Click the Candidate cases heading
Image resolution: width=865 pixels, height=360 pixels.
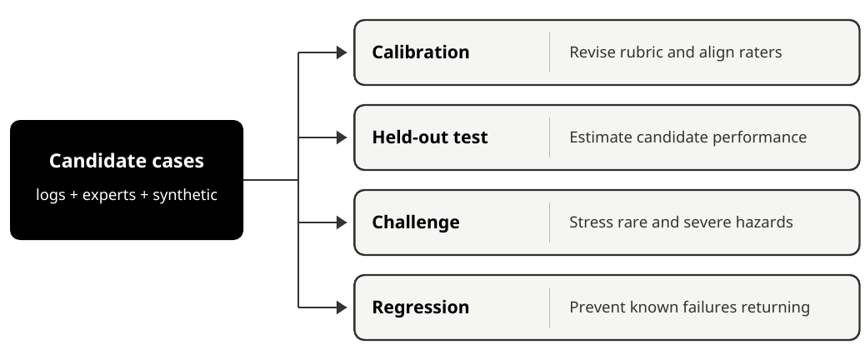pyautogui.click(x=127, y=161)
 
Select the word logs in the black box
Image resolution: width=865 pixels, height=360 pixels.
pyautogui.click(x=51, y=195)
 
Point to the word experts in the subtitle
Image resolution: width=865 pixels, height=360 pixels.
pyautogui.click(x=109, y=195)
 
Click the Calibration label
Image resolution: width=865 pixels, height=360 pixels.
pyautogui.click(x=420, y=52)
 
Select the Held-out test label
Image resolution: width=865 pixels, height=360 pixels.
pyautogui.click(x=430, y=137)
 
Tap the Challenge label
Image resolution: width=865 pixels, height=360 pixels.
pyautogui.click(x=415, y=222)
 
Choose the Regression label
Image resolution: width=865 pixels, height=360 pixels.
pyautogui.click(x=420, y=307)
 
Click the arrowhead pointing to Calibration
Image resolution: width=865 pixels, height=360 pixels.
pyautogui.click(x=342, y=52)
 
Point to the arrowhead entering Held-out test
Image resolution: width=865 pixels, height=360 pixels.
pyautogui.click(x=342, y=137)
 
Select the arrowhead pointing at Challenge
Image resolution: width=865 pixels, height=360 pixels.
pyautogui.click(x=342, y=222)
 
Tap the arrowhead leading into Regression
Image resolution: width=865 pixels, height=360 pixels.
pyautogui.click(x=342, y=307)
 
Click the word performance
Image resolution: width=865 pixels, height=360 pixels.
pyautogui.click(x=760, y=137)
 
